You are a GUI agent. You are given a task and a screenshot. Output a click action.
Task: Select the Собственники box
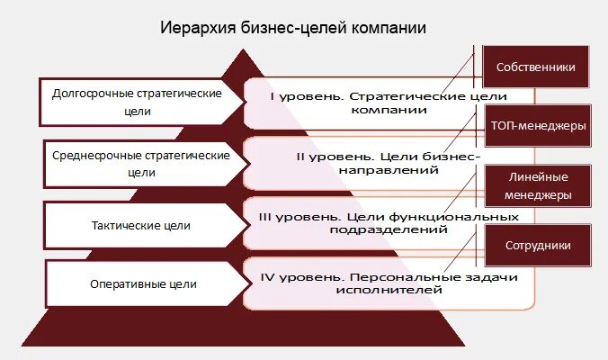point(536,67)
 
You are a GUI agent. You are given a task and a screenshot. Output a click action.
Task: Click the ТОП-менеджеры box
point(538,126)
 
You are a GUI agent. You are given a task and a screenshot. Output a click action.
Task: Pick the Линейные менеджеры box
point(536,186)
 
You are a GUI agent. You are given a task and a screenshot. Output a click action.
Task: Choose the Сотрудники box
point(537,245)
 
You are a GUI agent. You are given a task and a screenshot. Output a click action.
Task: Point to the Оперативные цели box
point(142,284)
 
